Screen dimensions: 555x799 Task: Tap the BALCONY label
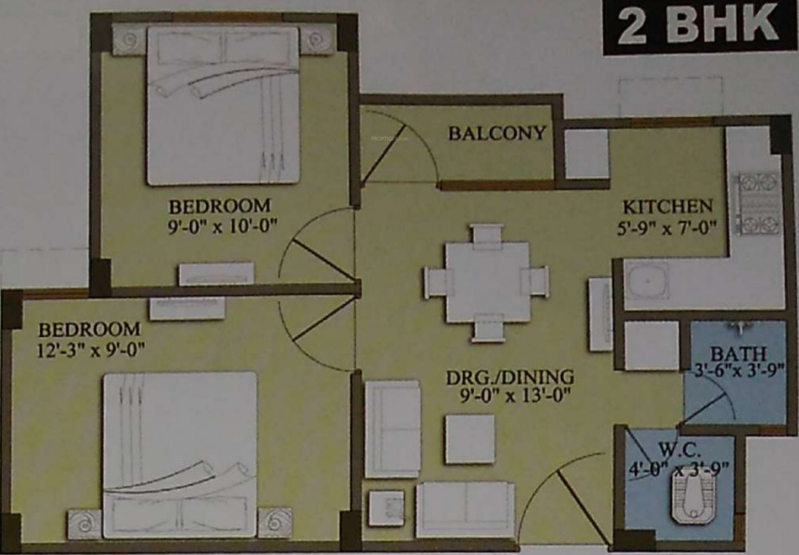(x=496, y=133)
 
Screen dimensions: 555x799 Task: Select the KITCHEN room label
(x=669, y=206)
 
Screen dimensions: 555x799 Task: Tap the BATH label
(x=738, y=354)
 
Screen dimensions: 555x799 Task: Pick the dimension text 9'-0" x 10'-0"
(x=219, y=226)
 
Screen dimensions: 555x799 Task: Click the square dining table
(x=486, y=280)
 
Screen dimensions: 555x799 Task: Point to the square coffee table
(x=469, y=438)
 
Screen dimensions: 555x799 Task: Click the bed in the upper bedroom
(x=223, y=105)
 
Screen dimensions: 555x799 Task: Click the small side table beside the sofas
(x=386, y=508)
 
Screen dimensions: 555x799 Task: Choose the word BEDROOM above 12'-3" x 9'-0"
(x=89, y=330)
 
